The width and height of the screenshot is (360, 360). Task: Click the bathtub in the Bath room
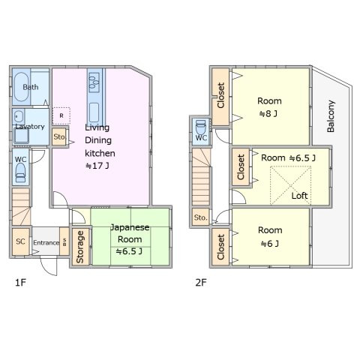click(x=21, y=87)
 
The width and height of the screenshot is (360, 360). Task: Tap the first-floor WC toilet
click(x=20, y=172)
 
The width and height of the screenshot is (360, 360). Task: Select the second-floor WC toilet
click(x=201, y=127)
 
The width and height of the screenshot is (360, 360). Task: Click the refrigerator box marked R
click(x=61, y=115)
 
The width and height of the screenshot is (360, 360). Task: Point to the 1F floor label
click(x=20, y=283)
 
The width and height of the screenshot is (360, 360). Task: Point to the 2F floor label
click(x=201, y=283)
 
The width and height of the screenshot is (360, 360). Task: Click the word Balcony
click(x=331, y=116)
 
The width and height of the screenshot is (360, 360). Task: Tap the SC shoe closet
click(x=21, y=241)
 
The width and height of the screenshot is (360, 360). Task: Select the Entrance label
click(x=46, y=243)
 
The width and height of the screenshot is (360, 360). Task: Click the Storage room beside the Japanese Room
click(x=80, y=247)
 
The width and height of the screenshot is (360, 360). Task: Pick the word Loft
click(x=299, y=195)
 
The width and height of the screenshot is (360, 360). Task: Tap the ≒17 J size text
click(x=97, y=166)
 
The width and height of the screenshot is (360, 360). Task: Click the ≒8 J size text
click(x=268, y=114)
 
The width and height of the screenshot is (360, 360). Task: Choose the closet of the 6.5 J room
click(x=241, y=166)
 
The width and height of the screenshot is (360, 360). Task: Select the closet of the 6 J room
click(x=220, y=247)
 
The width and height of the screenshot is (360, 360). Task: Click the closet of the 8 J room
click(x=220, y=96)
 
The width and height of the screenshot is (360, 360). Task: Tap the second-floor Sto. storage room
click(x=200, y=217)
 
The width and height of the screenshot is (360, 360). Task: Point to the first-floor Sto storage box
click(x=59, y=136)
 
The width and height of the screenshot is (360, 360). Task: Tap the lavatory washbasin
click(x=18, y=116)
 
